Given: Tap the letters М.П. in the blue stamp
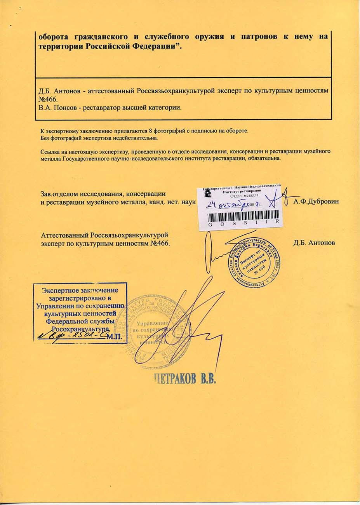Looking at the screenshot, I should click(x=115, y=336).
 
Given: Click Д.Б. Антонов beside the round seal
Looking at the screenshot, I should click(x=314, y=243).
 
